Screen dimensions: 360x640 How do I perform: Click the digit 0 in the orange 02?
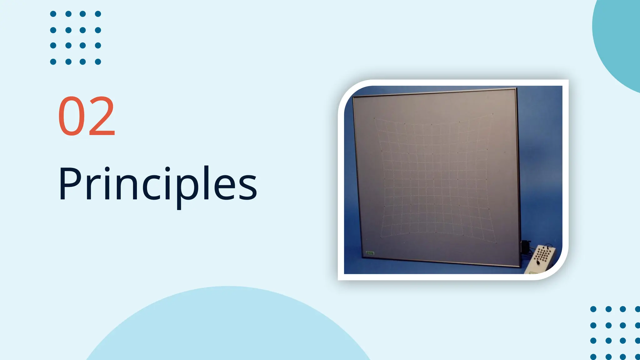point(71,116)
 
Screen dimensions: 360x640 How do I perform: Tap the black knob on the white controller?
point(538,262)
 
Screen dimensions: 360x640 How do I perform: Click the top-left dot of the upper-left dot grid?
point(53,14)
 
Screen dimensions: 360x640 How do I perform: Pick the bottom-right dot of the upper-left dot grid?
point(98,62)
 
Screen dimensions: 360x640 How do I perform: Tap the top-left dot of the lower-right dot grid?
point(593,309)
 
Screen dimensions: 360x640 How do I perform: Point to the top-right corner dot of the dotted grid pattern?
point(493,114)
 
